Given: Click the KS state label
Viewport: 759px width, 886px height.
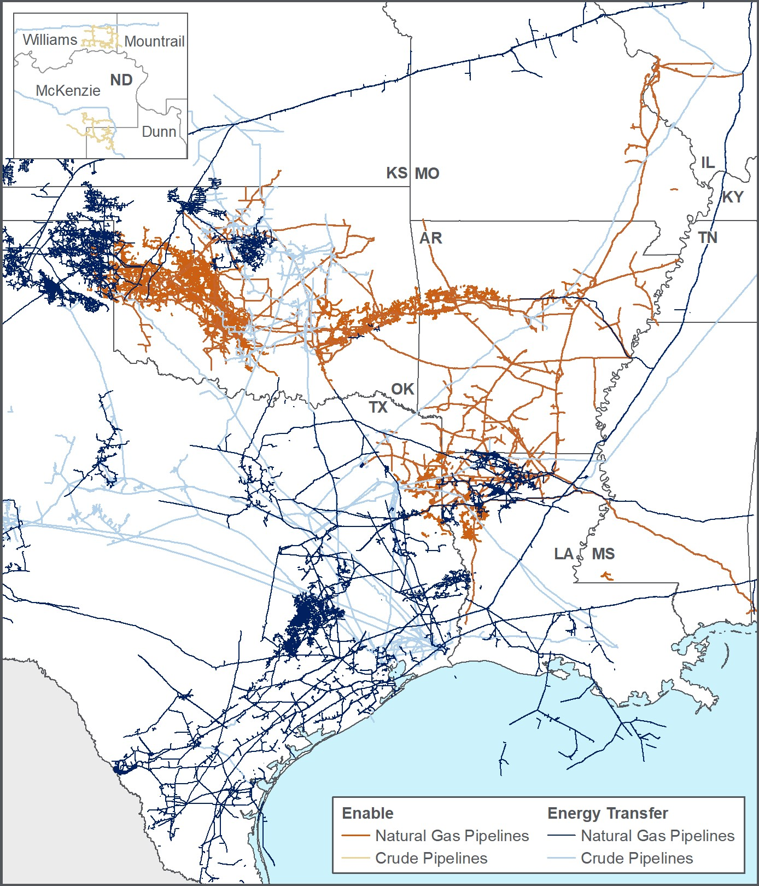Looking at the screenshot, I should (396, 173).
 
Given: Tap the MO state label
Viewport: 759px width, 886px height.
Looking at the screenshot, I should (427, 173).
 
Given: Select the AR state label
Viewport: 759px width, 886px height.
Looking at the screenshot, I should (430, 238).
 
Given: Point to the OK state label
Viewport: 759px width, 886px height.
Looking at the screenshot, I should (402, 389).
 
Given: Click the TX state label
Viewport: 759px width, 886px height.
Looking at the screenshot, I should (378, 407).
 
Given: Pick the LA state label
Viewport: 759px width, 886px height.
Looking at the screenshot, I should (563, 554).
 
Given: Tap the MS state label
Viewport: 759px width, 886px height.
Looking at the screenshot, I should (603, 554).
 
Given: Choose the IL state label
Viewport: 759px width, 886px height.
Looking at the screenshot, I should (708, 163).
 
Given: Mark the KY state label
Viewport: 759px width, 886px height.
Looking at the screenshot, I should (733, 197).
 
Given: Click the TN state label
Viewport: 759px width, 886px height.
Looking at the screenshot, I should (708, 238).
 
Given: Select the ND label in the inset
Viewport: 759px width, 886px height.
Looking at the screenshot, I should (121, 80).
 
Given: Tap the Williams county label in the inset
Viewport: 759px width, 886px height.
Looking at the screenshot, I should (50, 40).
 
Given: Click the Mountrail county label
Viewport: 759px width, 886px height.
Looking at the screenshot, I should (154, 42).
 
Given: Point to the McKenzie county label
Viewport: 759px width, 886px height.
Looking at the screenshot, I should (68, 91).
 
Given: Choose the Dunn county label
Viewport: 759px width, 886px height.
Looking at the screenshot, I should (159, 132).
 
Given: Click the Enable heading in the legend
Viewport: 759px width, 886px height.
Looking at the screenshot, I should (367, 813).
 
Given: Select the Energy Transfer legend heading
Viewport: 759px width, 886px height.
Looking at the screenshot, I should (608, 813).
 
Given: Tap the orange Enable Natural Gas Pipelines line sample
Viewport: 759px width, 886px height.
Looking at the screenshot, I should (355, 836).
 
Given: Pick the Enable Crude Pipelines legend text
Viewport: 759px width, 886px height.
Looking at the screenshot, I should (431, 858).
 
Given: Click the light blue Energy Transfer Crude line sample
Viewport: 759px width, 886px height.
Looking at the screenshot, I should (561, 858).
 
